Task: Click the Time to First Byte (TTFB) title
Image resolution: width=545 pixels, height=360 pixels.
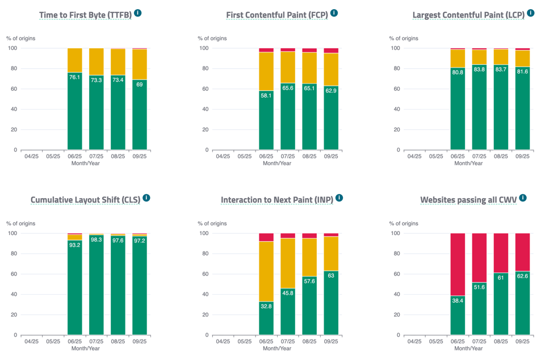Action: pos(85,15)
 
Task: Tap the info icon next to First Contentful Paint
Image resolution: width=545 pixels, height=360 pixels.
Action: pos(334,13)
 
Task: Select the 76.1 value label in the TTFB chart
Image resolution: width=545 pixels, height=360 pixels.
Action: pos(74,77)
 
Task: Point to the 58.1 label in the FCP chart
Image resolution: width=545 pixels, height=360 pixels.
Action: pos(266,95)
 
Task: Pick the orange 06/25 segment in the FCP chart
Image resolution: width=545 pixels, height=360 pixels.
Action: pos(266,71)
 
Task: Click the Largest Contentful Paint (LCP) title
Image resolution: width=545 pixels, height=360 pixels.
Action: pos(468,15)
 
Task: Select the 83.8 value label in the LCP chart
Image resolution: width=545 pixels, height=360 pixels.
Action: pos(479,69)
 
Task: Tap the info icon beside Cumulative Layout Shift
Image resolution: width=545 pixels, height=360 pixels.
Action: pos(146,198)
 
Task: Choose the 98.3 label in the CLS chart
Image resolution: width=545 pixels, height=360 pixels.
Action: pos(96,240)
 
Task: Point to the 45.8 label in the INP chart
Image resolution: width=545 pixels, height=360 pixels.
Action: pos(288,293)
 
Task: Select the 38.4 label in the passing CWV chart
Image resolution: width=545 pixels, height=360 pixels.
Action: pos(458,300)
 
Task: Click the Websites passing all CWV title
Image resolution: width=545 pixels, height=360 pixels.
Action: pos(468,200)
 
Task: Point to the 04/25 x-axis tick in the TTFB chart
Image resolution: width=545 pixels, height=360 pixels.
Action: pos(31,156)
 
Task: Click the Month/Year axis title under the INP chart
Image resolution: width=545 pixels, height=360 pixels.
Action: pos(277,348)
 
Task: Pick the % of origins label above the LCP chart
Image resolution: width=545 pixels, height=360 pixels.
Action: pos(404,39)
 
